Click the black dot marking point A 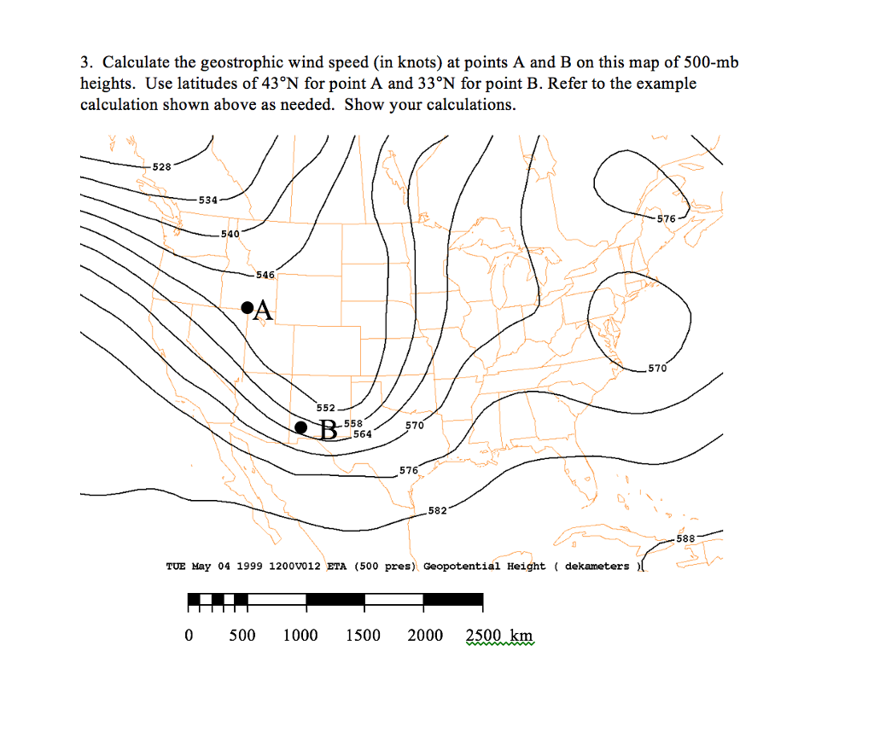click(x=247, y=307)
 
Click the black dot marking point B click(x=300, y=427)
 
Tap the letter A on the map click(x=263, y=311)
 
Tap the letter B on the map click(x=328, y=428)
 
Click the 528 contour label click(x=162, y=167)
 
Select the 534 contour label click(x=208, y=200)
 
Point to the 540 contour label click(x=230, y=233)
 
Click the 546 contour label click(x=265, y=275)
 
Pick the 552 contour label click(x=326, y=408)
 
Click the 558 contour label click(x=353, y=423)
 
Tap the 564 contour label click(x=362, y=433)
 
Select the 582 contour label click(x=437, y=510)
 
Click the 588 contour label click(x=685, y=538)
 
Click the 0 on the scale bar click(x=189, y=636)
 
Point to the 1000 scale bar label click(x=300, y=636)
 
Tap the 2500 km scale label click(x=499, y=636)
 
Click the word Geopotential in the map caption click(x=462, y=566)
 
